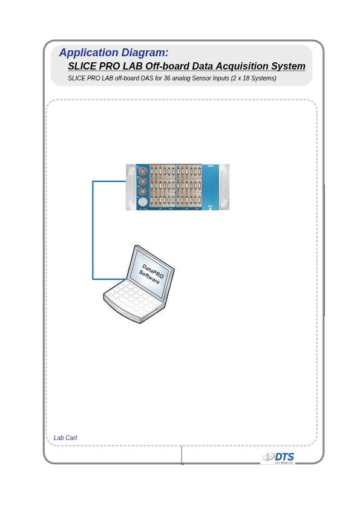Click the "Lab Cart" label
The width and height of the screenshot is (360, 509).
65,438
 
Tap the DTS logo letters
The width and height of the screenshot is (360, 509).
284,457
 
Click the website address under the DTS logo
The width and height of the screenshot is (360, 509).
283,463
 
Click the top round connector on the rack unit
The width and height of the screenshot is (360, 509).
143,171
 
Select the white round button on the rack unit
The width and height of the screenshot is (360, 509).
143,202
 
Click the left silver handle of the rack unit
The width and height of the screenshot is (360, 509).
130,187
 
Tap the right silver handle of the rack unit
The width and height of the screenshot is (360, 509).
224,187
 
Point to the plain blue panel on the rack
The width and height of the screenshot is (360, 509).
210,187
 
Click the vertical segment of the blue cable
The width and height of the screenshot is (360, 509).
93,230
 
